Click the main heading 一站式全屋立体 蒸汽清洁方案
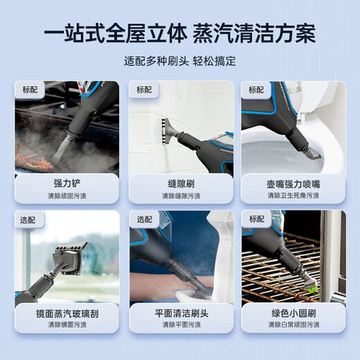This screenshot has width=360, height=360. pos(180,33)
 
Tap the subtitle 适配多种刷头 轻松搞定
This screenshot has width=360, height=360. pos(180,60)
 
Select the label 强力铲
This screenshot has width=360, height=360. pos(67,184)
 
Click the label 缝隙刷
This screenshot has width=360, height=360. pos(180,184)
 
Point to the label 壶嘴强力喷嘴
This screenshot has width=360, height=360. pos(293,184)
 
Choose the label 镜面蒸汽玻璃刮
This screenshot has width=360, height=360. pos(67,314)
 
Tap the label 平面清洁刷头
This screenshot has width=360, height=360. pos(180,314)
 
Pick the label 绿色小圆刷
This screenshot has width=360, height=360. pos(293,314)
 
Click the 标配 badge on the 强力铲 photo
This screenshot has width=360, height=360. pos(30,90)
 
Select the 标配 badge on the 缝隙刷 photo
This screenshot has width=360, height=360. pos(143,90)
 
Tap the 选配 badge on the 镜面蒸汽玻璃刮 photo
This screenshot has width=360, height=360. pos(30,219)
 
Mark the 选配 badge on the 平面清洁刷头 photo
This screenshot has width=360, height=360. pos(143,219)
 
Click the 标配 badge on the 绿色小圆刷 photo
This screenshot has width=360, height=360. pos(256,219)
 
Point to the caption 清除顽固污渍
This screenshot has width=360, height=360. pos(67,196)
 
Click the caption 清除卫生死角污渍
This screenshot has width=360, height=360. pos(293,196)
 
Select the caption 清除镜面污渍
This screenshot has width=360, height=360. pos(67,325)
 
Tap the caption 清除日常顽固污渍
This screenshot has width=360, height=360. pos(293,325)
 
